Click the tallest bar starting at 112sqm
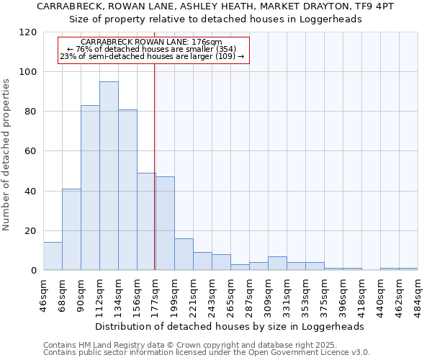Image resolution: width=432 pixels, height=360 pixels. [x=109, y=176]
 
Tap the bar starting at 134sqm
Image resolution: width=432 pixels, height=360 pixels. [x=127, y=189]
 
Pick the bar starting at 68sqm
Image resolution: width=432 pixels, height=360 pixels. [x=71, y=229]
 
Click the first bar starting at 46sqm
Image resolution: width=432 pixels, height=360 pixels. [x=53, y=256]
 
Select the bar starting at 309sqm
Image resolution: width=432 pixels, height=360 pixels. [x=277, y=264]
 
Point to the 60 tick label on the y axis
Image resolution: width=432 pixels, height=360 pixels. [x=31, y=151]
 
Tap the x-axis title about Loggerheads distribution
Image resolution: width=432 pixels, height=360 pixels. [x=229, y=326]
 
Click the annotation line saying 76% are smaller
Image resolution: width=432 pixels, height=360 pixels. [x=152, y=49]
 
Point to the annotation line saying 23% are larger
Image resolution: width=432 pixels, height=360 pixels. [x=152, y=56]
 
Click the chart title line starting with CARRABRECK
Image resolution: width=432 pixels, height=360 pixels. [x=215, y=6]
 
